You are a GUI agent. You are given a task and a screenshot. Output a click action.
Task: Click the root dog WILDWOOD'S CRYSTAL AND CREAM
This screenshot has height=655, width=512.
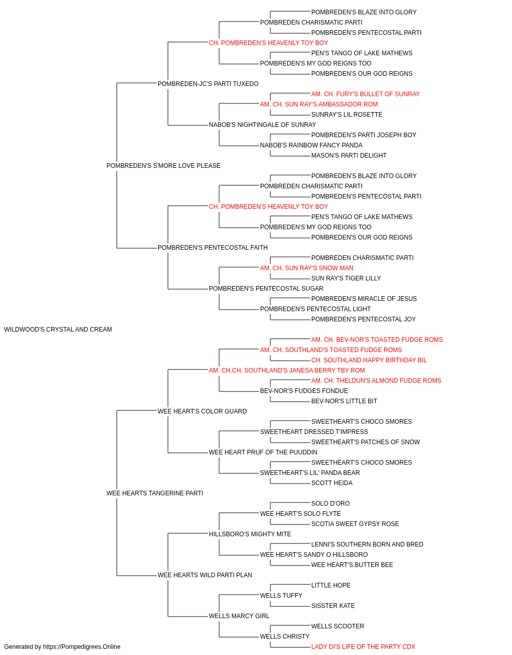coord(58,330)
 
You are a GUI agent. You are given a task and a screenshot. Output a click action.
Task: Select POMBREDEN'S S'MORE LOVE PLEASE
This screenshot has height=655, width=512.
coord(163,166)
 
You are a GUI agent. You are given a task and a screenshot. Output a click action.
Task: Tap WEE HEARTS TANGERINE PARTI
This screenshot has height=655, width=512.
coord(155,493)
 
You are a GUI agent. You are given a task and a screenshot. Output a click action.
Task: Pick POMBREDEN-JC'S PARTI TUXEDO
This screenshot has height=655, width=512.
coord(208,84)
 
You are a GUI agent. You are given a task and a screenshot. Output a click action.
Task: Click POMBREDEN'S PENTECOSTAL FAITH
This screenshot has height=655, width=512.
coord(212,248)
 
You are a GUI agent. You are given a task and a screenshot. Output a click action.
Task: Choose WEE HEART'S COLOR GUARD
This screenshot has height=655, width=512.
coord(202,411)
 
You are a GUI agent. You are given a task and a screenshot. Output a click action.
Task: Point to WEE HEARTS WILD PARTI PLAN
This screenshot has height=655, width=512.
coord(205,575)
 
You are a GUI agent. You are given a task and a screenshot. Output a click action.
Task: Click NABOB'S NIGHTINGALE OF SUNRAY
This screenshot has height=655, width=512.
coord(262,125)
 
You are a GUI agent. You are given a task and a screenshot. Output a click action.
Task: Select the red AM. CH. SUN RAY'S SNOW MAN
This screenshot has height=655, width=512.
coord(307,268)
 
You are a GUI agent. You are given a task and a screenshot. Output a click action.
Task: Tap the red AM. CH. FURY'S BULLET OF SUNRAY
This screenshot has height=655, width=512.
coord(366,94)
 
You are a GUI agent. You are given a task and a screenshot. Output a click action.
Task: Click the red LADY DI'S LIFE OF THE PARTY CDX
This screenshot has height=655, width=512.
coord(363,647)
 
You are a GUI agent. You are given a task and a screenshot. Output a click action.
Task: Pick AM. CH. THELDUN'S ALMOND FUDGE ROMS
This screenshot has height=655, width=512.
coord(376,381)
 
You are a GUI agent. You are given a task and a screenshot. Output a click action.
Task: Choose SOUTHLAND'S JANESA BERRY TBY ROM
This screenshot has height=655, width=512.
coord(305,370)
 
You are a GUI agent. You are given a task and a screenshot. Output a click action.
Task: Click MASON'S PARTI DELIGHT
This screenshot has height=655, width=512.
coord(349,156)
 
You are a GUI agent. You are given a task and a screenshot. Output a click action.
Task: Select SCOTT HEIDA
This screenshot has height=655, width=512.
coord(332,483)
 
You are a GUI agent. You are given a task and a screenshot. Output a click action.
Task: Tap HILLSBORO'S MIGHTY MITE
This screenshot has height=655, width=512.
coord(250,534)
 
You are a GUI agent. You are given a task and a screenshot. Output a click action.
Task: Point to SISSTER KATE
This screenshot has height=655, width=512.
coord(333,606)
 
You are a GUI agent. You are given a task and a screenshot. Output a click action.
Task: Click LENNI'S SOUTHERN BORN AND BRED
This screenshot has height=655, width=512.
coord(367,544)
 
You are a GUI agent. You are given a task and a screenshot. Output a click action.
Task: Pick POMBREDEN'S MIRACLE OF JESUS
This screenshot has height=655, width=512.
coord(364,299)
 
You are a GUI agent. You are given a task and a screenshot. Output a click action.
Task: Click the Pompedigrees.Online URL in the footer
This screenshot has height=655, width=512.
coord(82,647)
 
